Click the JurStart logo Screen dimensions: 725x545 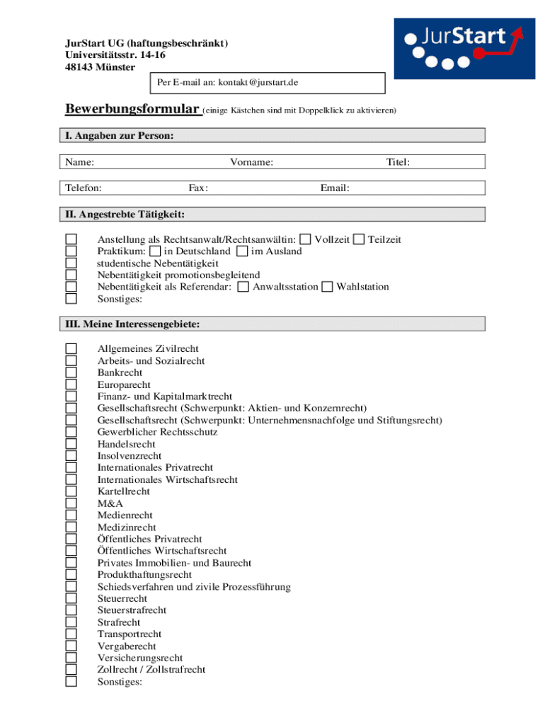coord(464,48)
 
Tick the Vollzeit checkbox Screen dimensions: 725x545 coord(305,240)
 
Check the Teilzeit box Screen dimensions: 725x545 coord(359,240)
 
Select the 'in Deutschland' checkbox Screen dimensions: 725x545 coord(155,251)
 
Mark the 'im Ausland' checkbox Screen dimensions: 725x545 coord(242,251)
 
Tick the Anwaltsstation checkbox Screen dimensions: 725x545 coord(243,287)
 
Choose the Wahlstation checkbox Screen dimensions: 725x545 coord(327,287)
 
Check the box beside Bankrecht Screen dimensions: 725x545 coord(71,372)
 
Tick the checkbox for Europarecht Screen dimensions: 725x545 coord(71,384)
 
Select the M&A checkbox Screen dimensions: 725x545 coord(71,503)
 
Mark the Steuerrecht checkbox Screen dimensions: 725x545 coord(71,598)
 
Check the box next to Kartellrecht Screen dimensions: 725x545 coord(71,491)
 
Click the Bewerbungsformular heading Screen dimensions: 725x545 coord(132,109)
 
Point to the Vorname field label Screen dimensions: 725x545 coord(251,162)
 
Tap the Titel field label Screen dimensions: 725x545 coord(398,162)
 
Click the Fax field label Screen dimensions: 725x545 coord(197,188)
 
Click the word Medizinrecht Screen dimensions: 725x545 coord(127,527)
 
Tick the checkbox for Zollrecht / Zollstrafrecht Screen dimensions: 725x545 coord(71,670)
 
